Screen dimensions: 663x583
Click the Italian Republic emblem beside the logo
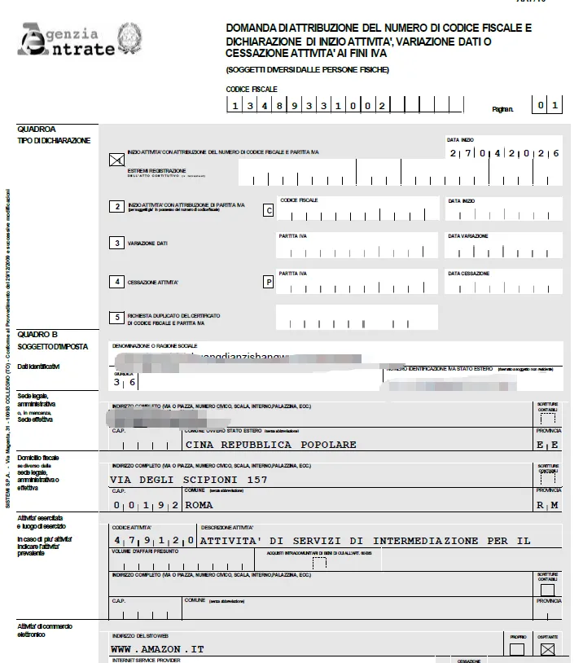[x=129, y=38]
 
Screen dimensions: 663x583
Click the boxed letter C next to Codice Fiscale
[x=268, y=209]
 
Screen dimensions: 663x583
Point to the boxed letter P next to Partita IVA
[x=268, y=283]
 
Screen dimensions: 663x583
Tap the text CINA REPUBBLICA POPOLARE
[x=271, y=445]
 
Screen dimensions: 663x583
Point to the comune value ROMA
[x=199, y=505]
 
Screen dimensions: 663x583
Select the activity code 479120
[x=153, y=540]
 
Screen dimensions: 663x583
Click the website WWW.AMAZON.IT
[x=157, y=649]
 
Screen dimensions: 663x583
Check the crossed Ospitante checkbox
[x=547, y=649]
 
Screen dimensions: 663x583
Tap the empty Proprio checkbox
[x=516, y=649]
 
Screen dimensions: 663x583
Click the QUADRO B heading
[x=37, y=335]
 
